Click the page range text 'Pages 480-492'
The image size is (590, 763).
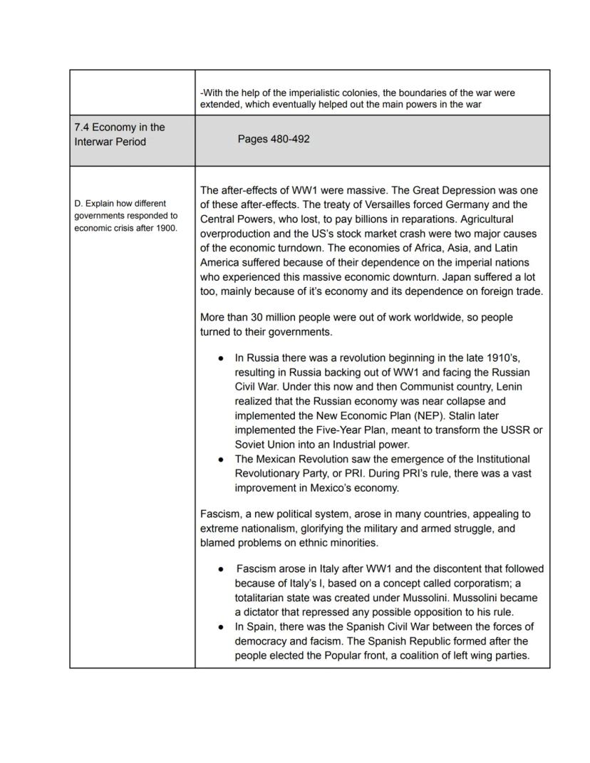click(274, 140)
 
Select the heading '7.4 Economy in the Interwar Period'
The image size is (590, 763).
click(120, 134)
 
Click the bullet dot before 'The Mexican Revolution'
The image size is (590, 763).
click(222, 460)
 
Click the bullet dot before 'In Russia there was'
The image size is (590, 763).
click(222, 358)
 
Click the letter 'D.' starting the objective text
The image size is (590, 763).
click(78, 204)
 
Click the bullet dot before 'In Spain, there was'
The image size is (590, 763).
click(222, 627)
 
